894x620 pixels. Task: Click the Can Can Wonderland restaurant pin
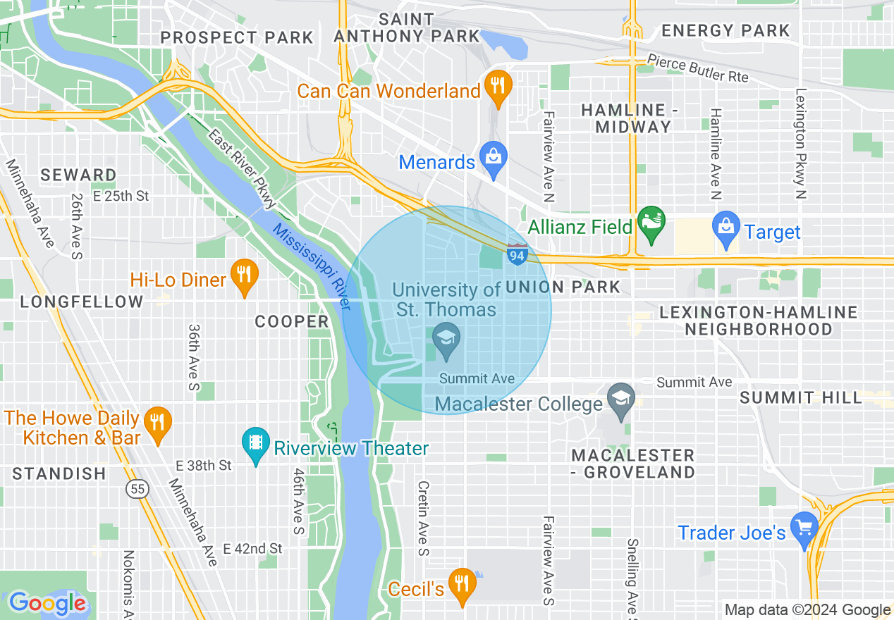click(498, 87)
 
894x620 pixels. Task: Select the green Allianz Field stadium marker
click(651, 223)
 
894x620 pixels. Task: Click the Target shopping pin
click(725, 228)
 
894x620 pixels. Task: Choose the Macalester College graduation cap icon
click(620, 399)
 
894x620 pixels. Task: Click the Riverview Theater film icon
click(255, 445)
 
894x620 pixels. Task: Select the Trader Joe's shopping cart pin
click(803, 528)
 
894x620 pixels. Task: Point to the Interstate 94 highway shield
click(517, 255)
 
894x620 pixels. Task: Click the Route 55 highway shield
click(137, 488)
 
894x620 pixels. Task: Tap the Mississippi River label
click(311, 268)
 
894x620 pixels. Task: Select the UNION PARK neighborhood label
click(563, 287)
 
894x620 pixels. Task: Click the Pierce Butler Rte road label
click(697, 69)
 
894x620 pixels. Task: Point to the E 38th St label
click(204, 465)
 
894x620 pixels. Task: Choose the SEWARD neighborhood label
click(78, 175)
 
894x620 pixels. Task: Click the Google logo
click(47, 603)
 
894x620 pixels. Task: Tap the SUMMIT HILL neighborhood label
click(800, 397)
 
